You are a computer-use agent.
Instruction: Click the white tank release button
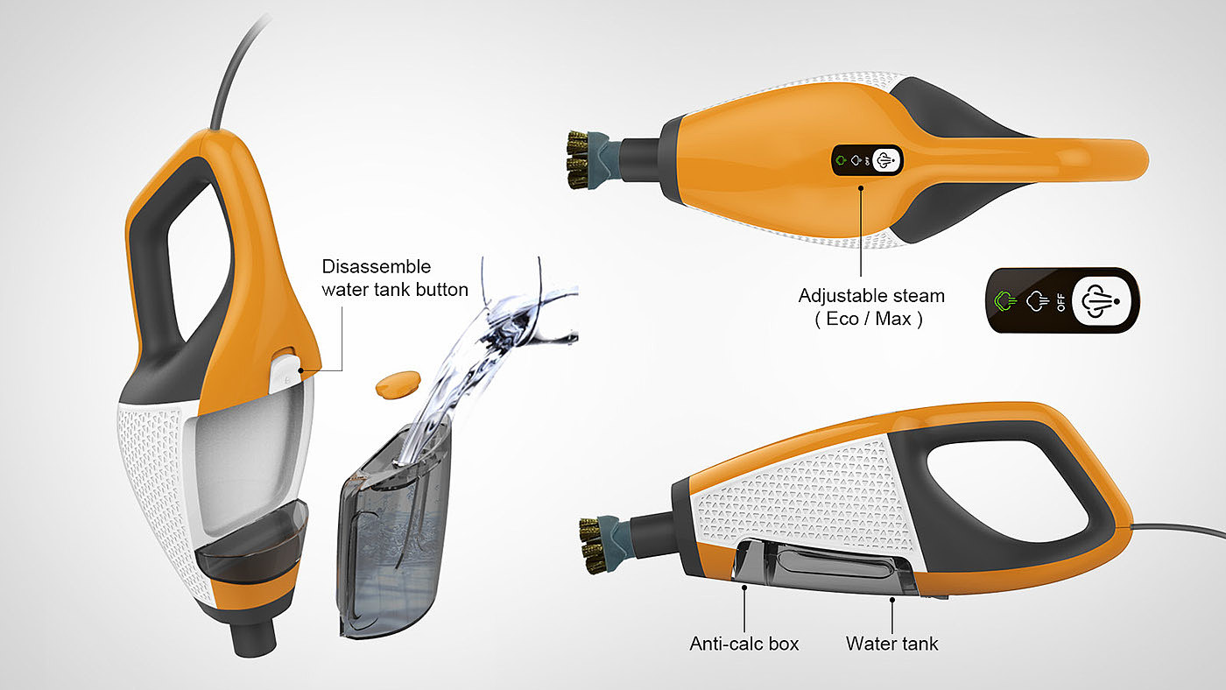[285, 372]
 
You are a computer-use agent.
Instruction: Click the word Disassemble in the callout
[377, 266]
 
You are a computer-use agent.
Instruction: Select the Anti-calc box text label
[744, 644]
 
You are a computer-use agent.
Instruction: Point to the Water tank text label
[891, 644]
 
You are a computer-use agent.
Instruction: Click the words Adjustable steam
[871, 296]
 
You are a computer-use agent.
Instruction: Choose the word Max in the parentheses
[898, 320]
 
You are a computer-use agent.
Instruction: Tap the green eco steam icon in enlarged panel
[1006, 300]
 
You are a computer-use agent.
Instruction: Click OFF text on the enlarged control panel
[1060, 300]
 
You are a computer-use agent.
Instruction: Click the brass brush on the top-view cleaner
[578, 160]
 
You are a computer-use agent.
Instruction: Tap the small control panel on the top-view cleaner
[866, 161]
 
